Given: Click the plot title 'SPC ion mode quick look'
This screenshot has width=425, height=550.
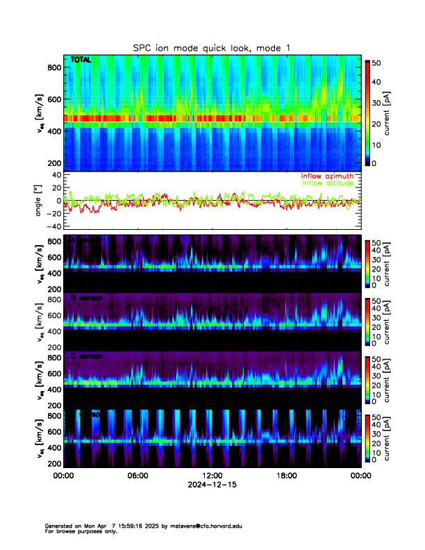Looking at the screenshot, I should point(212,47).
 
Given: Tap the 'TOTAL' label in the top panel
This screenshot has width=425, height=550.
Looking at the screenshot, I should point(81,60).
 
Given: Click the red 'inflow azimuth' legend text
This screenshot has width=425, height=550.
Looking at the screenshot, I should point(327,176).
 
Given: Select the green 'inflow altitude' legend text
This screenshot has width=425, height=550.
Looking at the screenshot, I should point(330,183).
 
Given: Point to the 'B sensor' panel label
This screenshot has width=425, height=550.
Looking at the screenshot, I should point(87,298).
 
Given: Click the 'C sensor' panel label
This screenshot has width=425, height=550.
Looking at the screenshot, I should point(87,356).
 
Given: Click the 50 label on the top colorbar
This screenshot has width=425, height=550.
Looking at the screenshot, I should point(381,62).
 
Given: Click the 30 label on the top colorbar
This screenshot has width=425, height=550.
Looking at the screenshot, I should point(381,103).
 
